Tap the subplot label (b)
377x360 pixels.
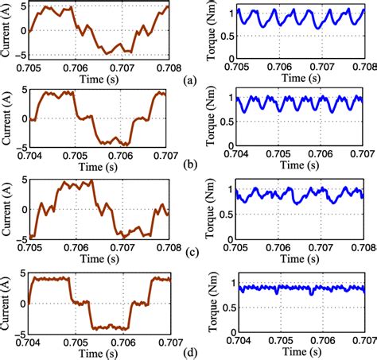tap(188, 165)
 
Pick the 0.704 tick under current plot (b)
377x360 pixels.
tap(29, 155)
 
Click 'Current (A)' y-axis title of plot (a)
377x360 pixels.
tap(7, 33)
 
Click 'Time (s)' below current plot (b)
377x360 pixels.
tap(98, 165)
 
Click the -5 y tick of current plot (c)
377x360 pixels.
tap(21, 237)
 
